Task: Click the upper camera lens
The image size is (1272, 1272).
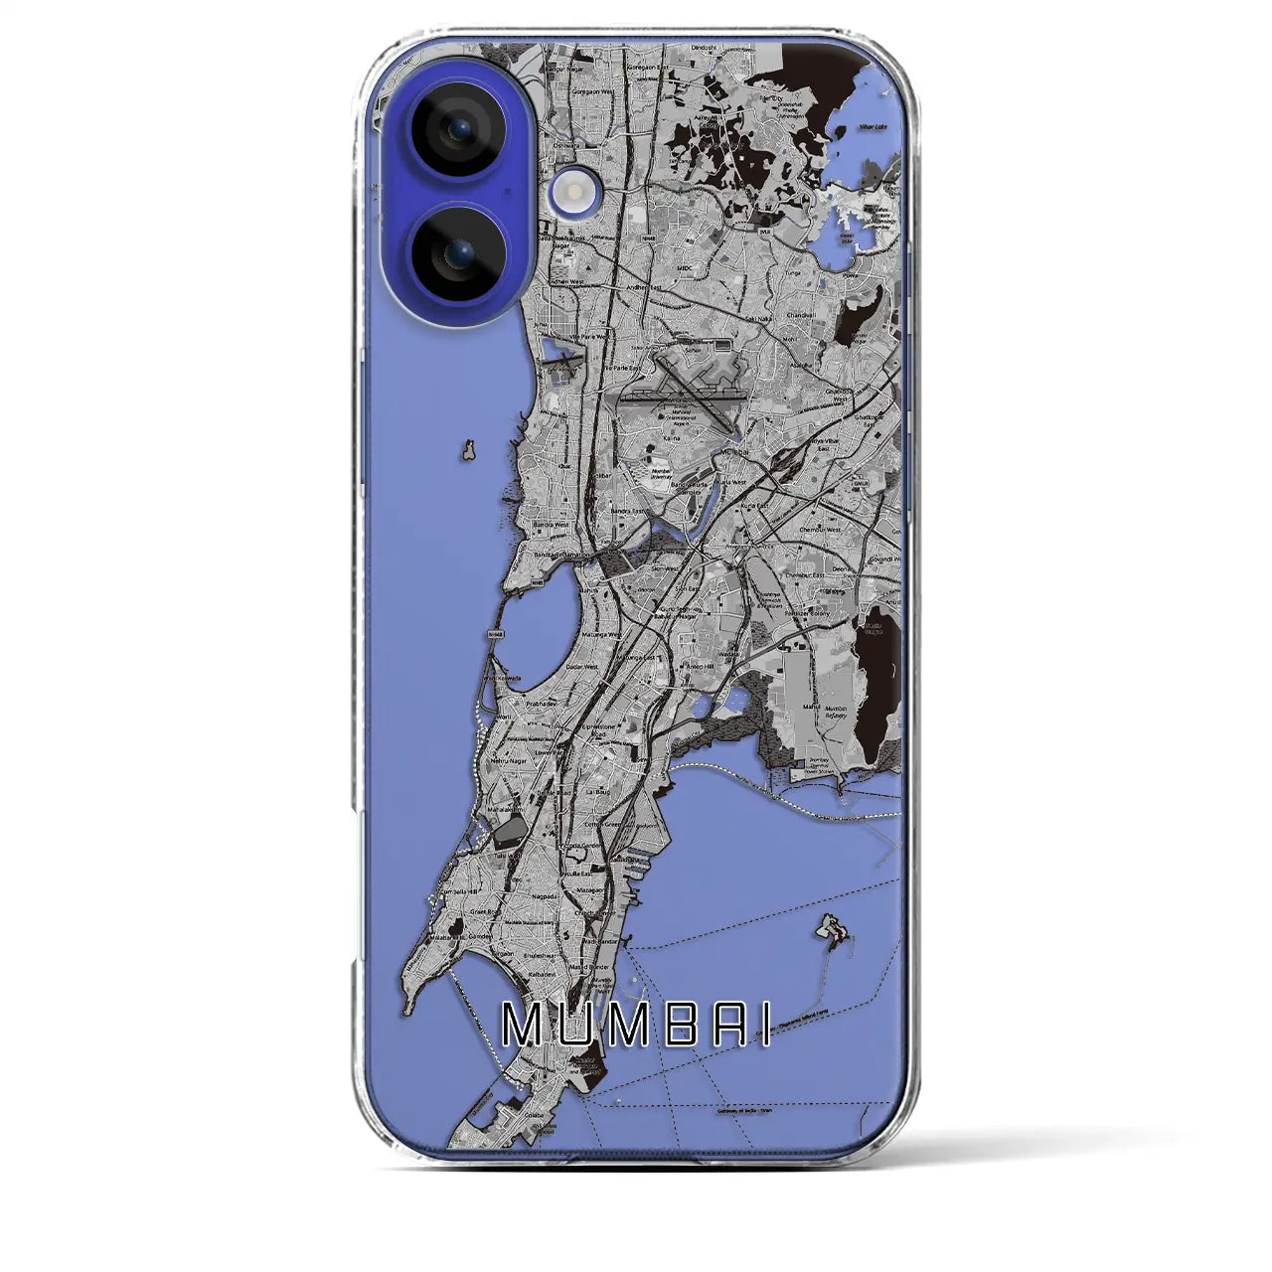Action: [456, 128]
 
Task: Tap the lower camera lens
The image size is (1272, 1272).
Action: [456, 255]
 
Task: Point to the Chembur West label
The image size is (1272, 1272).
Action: [820, 530]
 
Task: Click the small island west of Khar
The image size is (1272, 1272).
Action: [465, 451]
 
